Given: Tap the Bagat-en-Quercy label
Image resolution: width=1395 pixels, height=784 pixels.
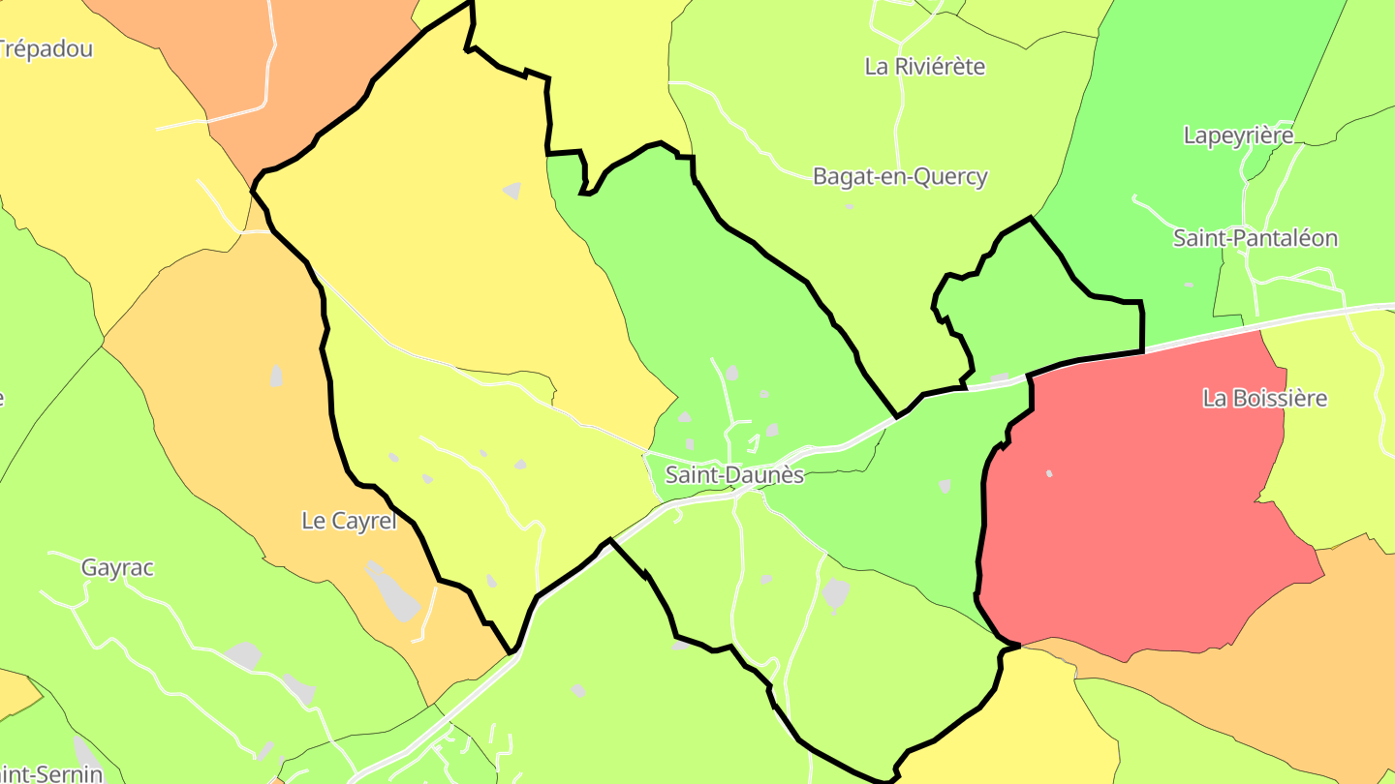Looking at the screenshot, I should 900,177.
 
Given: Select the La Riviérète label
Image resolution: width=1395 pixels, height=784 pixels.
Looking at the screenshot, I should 924,67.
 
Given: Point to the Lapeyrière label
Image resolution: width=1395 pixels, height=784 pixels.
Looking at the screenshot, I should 1238,136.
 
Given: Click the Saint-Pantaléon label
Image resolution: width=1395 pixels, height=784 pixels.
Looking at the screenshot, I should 1255,238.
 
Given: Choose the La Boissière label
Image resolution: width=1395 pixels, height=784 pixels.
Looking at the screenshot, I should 1264,398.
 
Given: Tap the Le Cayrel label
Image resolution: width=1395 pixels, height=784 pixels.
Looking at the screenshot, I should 349,521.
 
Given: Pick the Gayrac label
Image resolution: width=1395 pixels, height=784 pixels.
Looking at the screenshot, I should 117,568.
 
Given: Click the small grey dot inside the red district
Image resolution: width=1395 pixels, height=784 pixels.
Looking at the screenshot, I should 1049,473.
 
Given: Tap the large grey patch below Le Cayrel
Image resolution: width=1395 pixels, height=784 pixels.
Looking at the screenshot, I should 393,591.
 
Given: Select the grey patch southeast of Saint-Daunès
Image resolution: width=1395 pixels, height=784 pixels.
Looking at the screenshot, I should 835,593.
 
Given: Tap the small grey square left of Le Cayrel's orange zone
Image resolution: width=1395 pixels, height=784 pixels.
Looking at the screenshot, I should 277,376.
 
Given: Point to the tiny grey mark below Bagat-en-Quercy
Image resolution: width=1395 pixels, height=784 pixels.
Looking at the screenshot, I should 850,206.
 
